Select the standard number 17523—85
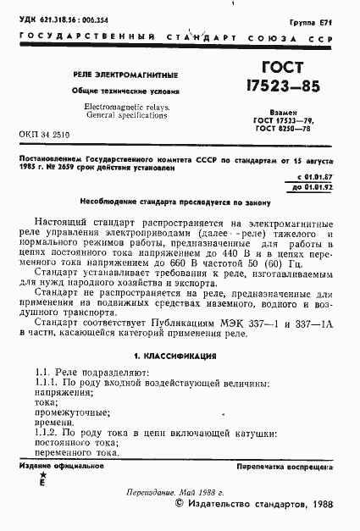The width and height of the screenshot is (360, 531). (x=275, y=87)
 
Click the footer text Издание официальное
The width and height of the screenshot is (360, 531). (x=55, y=467)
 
